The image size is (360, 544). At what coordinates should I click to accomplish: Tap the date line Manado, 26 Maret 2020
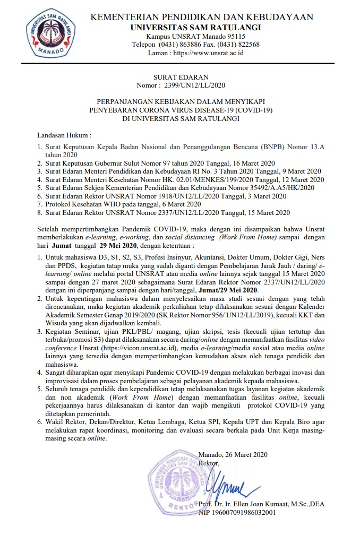pyautogui.click(x=233, y=454)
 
